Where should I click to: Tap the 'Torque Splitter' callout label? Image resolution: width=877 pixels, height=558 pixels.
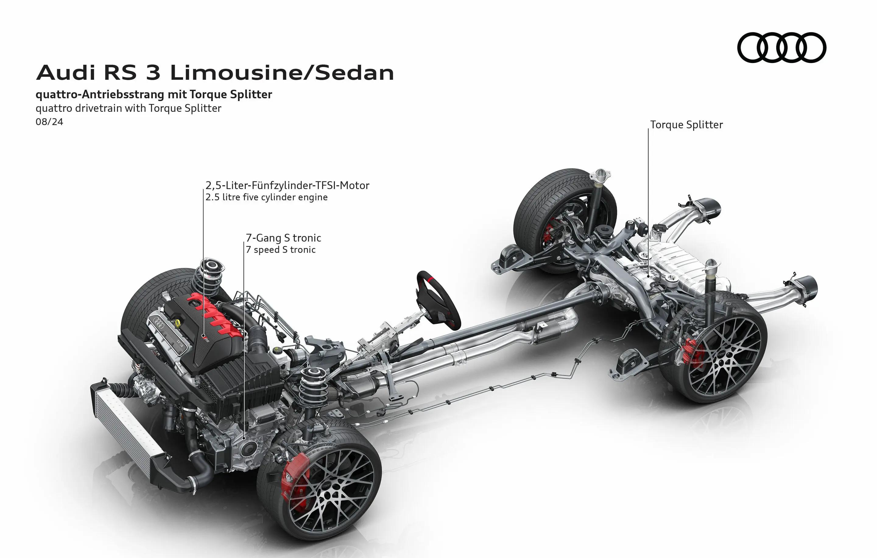[x=686, y=125]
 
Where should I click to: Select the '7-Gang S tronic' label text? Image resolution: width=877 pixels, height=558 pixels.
[x=283, y=238]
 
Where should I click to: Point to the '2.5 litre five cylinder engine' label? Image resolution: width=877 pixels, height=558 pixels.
[x=266, y=197]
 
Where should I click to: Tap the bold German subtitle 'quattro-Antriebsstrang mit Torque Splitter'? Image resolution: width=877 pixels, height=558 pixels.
[x=154, y=95]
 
